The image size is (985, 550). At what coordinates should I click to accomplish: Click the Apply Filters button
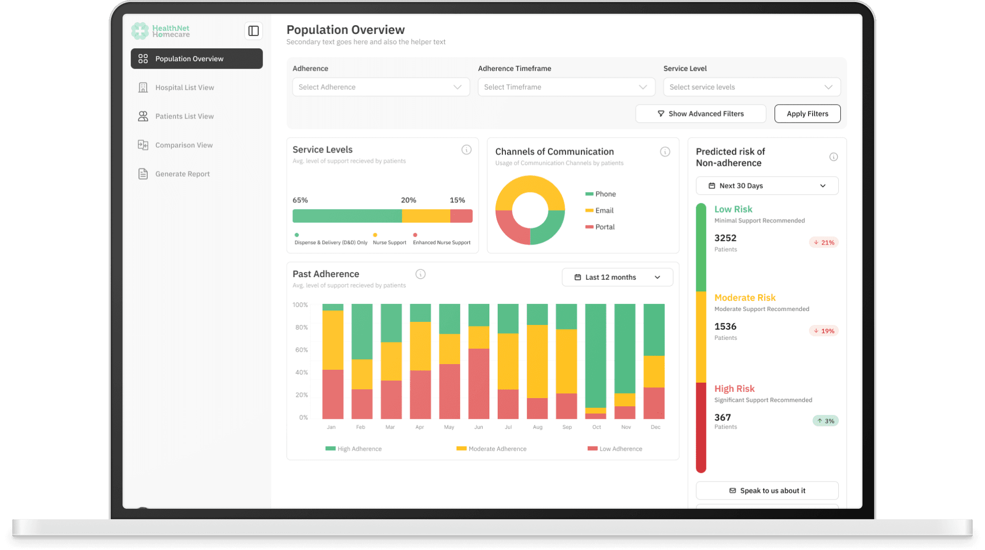click(807, 114)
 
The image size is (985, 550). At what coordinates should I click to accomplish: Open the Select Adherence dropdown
click(381, 87)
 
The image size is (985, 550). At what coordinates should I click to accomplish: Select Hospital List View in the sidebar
click(184, 88)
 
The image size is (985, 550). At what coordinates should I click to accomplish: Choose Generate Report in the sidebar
click(182, 174)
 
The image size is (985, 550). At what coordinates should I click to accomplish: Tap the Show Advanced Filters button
click(700, 114)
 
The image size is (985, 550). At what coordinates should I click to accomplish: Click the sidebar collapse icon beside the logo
click(253, 31)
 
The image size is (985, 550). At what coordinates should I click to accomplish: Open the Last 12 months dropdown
click(617, 277)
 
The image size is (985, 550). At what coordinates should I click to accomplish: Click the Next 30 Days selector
click(767, 186)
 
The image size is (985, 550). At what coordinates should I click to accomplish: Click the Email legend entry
click(604, 211)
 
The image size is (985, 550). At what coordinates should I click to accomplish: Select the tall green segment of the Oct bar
click(596, 355)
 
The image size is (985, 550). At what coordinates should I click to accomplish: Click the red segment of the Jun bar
click(479, 384)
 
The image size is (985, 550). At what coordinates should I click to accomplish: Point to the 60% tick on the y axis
click(301, 350)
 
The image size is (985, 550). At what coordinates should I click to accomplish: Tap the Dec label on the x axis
click(655, 427)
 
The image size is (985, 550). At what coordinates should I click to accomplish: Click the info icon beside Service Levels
click(466, 150)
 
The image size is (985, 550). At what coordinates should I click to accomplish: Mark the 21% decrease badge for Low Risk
click(824, 243)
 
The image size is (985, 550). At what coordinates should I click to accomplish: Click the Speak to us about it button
click(767, 491)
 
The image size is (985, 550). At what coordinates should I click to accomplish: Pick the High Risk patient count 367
click(723, 418)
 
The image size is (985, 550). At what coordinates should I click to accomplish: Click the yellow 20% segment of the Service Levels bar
click(426, 216)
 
